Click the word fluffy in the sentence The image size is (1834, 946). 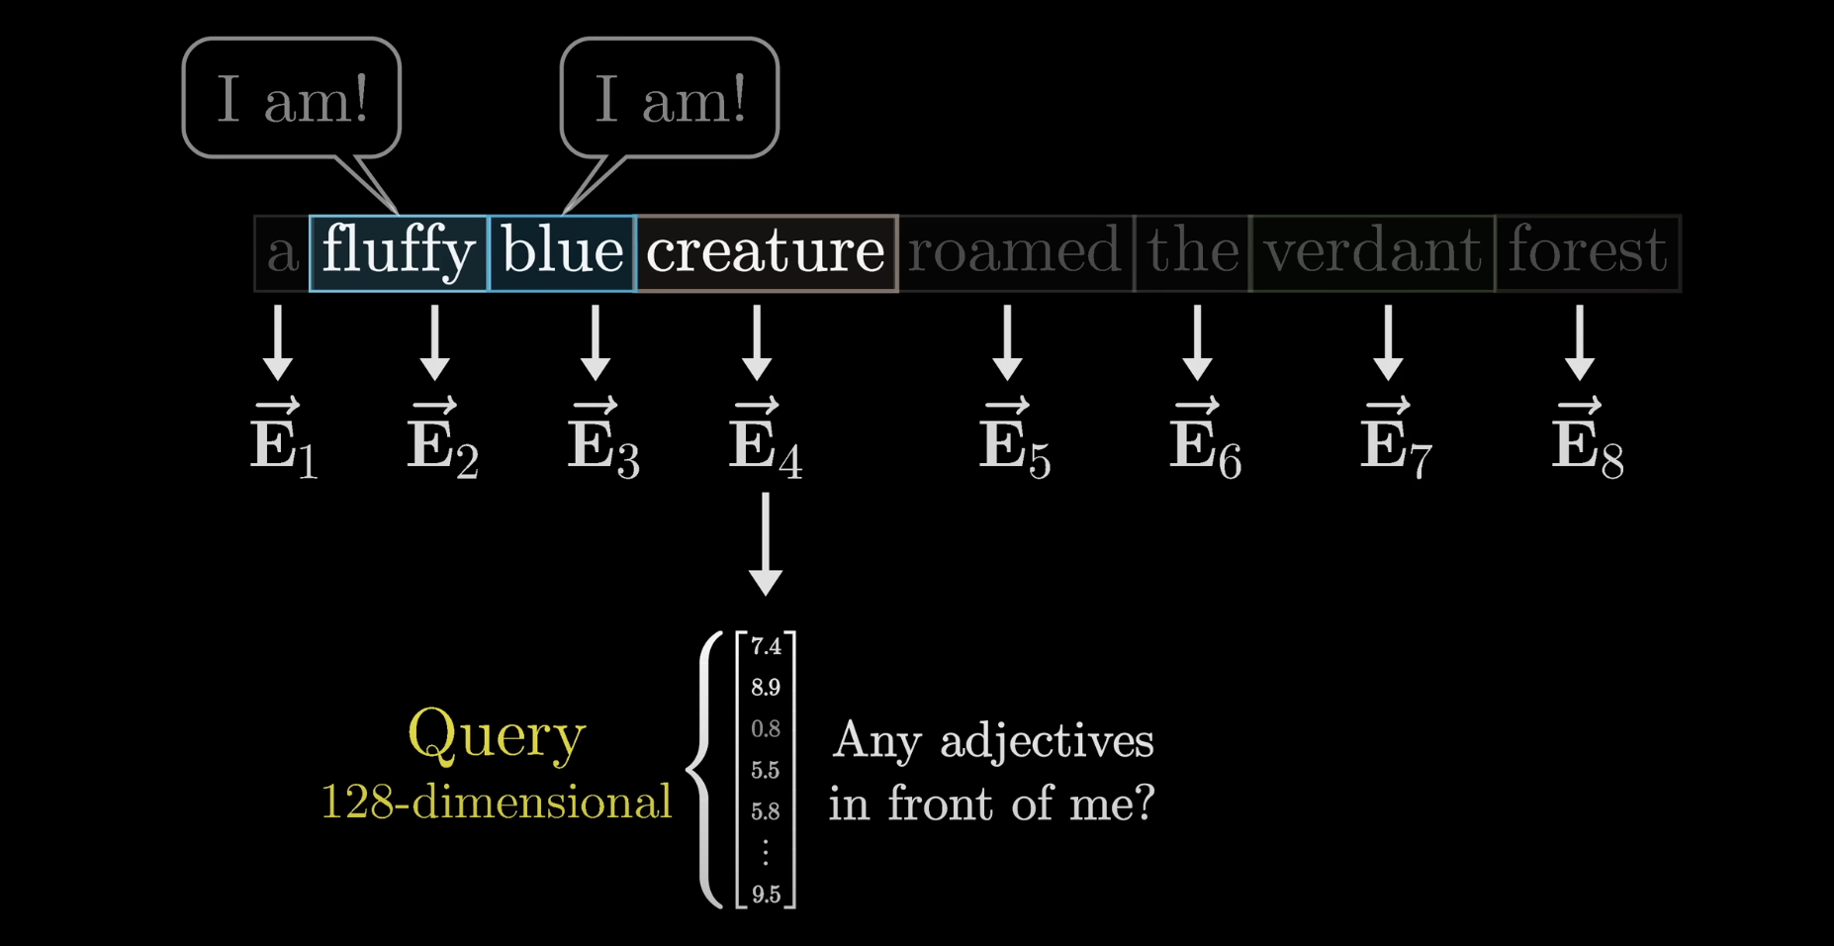(399, 252)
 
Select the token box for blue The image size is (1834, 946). (562, 252)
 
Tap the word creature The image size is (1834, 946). (766, 252)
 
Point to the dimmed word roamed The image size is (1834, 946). (1014, 252)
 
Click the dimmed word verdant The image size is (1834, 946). (1372, 252)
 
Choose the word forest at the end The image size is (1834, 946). (1588, 252)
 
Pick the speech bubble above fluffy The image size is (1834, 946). (292, 99)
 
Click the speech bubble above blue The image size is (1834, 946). (670, 99)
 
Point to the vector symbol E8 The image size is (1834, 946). (1587, 440)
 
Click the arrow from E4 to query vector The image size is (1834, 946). (766, 544)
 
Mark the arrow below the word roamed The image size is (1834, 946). (1007, 342)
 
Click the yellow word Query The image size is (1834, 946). (497, 735)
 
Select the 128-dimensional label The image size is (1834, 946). (497, 802)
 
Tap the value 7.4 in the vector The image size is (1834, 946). (766, 647)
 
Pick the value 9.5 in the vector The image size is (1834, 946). (766, 895)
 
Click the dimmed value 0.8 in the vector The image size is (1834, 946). (766, 729)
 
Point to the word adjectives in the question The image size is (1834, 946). (1047, 741)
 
